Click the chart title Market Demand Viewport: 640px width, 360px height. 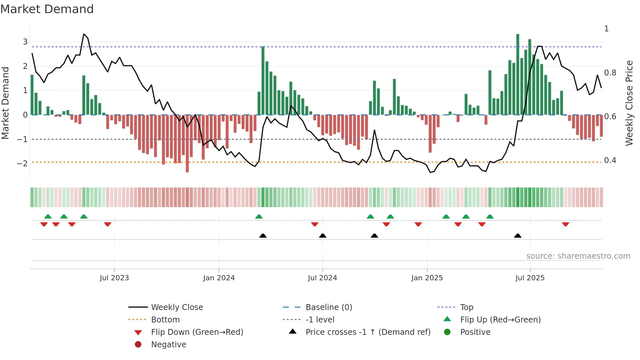(x=47, y=9)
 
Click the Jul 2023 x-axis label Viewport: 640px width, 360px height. (x=114, y=278)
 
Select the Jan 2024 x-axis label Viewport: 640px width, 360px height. (x=219, y=278)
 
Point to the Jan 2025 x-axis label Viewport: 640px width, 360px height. (x=427, y=278)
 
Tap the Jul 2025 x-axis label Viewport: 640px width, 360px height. (x=530, y=278)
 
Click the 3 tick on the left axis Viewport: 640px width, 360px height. (x=25, y=42)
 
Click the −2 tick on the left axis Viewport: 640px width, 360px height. (x=23, y=164)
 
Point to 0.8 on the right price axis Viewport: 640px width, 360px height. (x=610, y=73)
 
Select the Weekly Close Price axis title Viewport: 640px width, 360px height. (x=629, y=103)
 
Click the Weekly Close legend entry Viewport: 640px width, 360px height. (x=177, y=307)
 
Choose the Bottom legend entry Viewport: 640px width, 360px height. (x=165, y=320)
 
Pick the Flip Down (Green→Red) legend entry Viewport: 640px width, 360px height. (x=197, y=332)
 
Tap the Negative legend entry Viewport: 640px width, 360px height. (x=168, y=345)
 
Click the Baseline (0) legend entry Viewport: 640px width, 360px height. (x=328, y=307)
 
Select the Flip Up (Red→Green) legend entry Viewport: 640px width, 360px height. (x=500, y=320)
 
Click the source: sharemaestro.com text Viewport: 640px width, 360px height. (x=578, y=256)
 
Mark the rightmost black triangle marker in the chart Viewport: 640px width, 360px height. (x=518, y=236)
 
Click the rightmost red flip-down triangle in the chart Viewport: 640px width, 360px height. (x=566, y=224)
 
